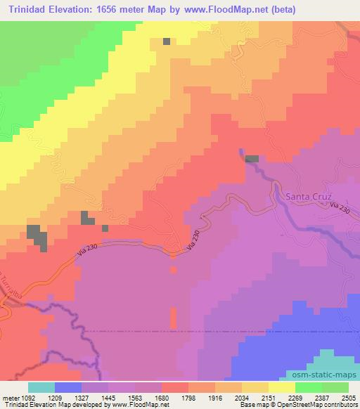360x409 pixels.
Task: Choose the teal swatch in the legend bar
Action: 41,387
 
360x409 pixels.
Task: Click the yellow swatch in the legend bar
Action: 282,387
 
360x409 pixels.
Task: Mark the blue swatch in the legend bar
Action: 67,387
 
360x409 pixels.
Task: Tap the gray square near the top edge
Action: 167,41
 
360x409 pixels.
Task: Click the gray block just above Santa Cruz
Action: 251,160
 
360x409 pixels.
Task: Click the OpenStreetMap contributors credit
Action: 323,405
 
